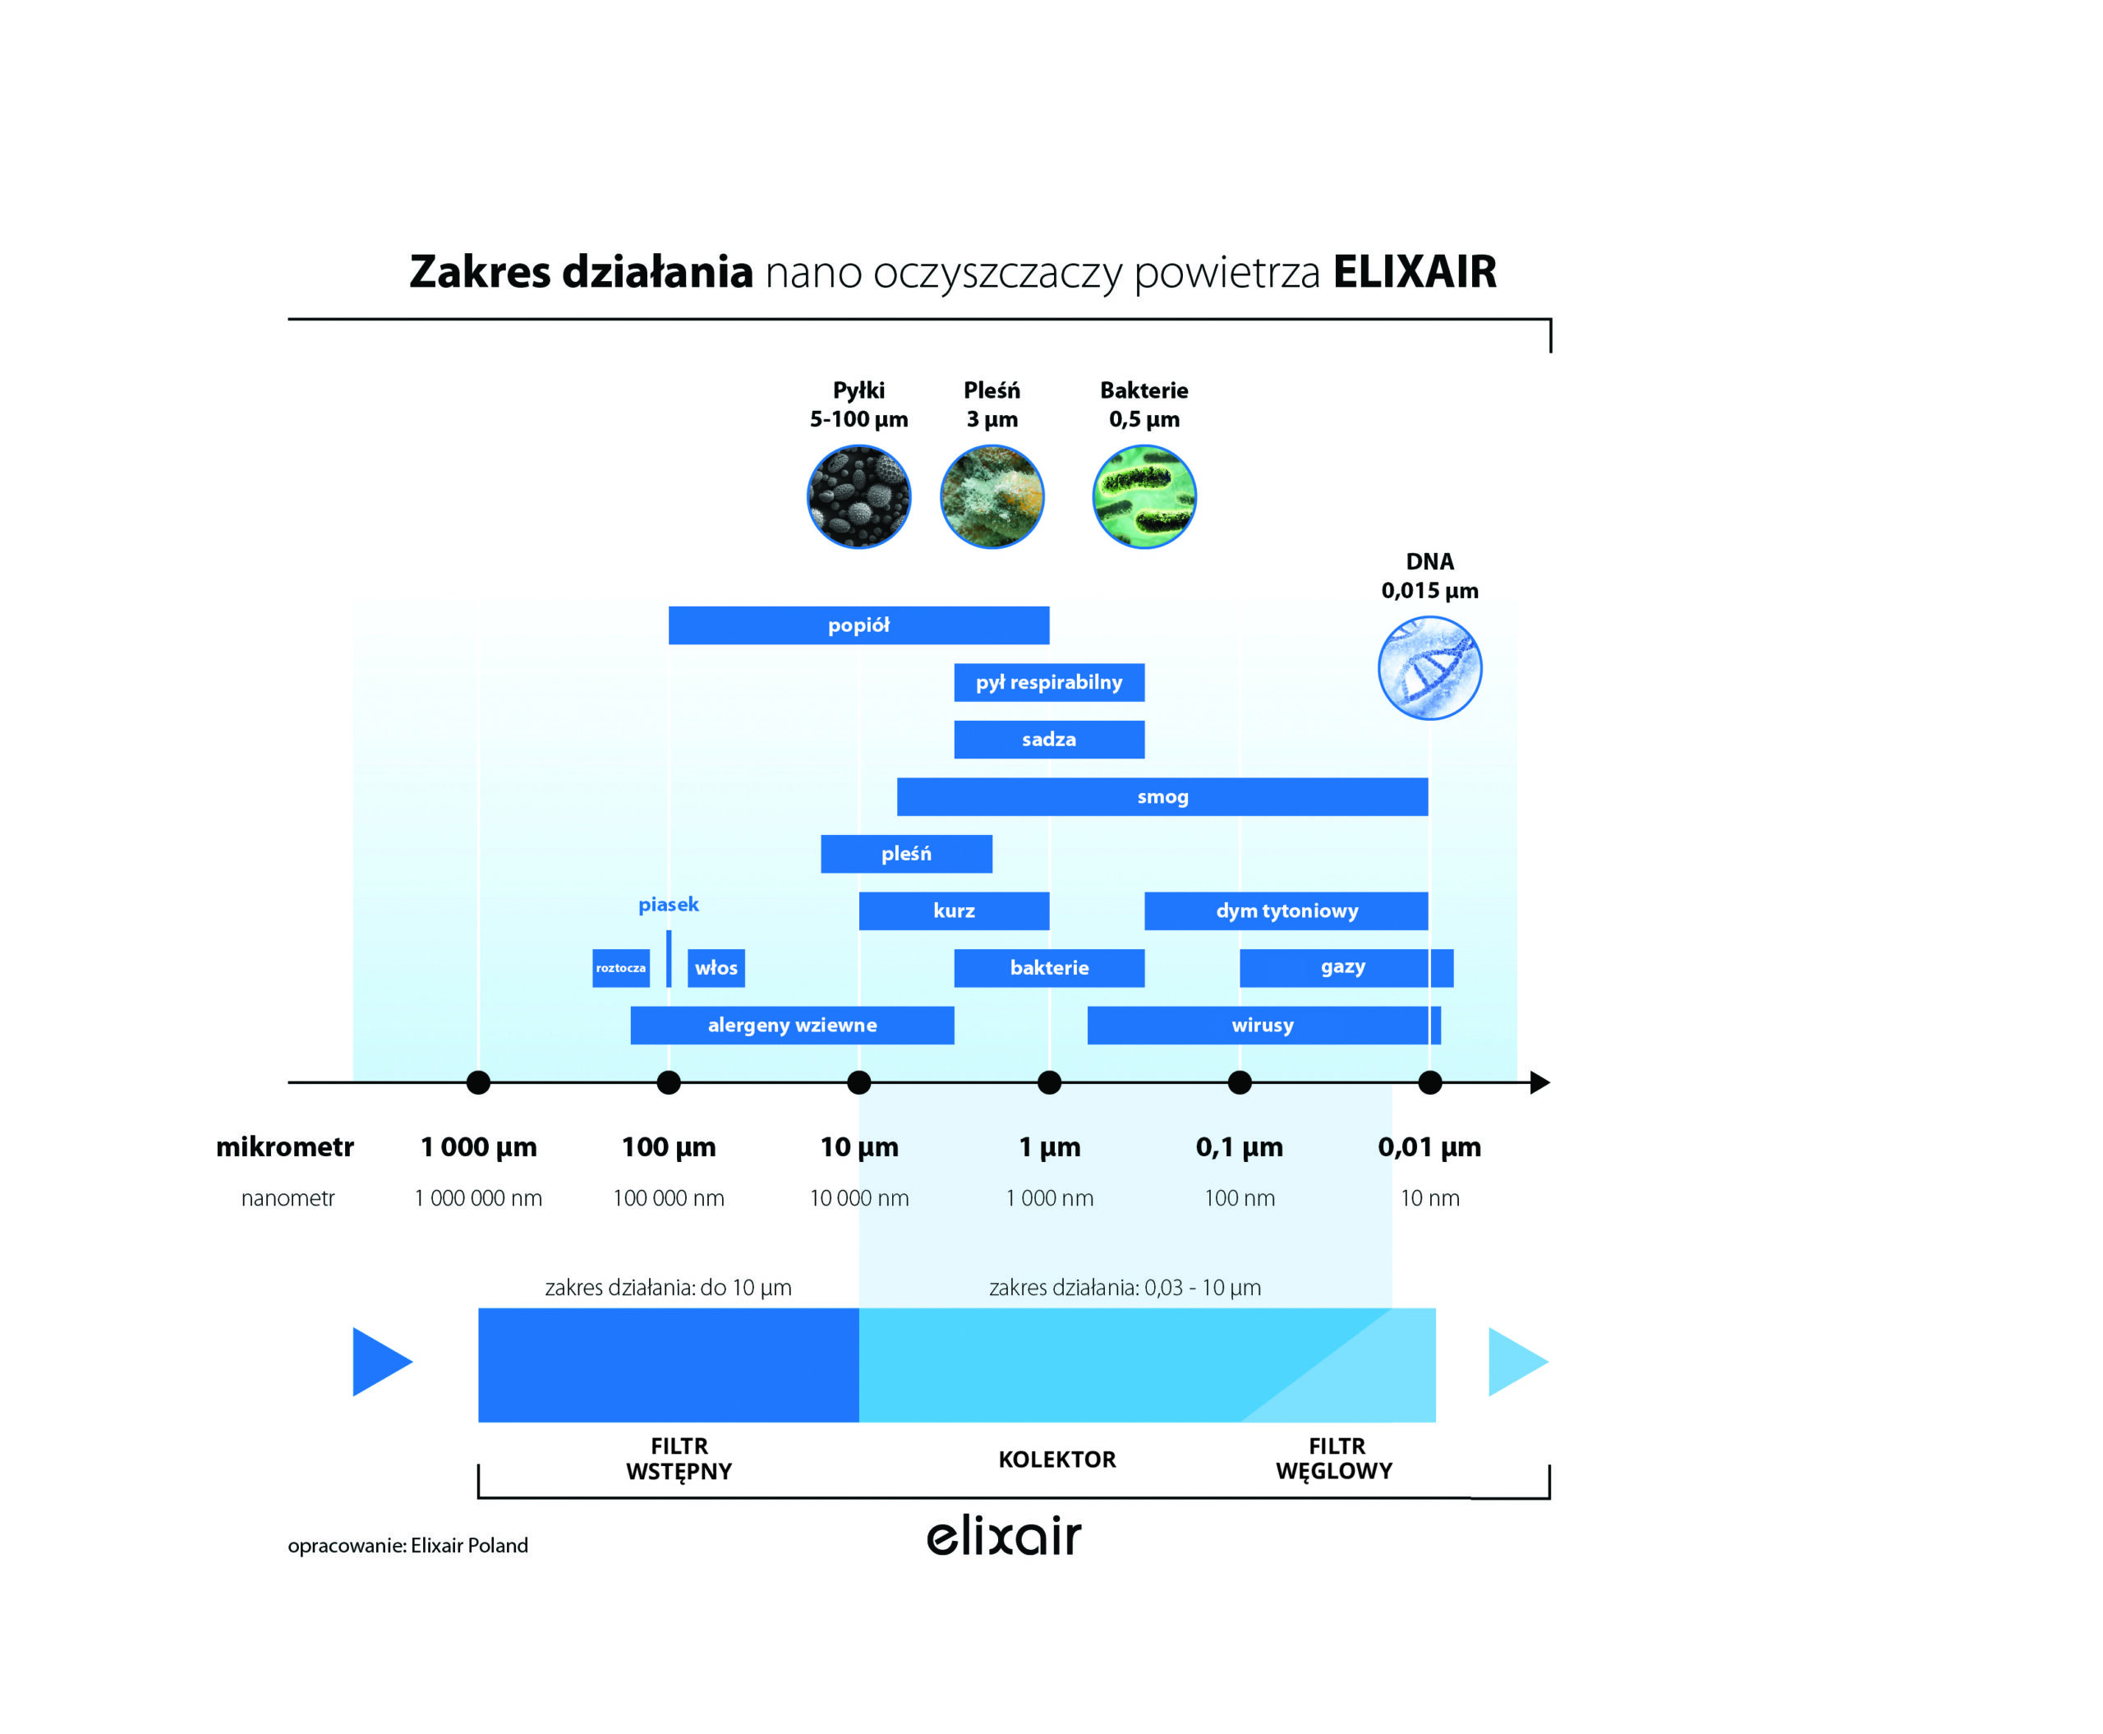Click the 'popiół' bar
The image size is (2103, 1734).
[x=858, y=625]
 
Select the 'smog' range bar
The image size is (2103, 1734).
[x=1162, y=796]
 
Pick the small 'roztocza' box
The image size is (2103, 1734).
[x=620, y=967]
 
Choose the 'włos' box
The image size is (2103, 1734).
[x=716, y=967]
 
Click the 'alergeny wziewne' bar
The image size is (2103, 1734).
[x=792, y=1025]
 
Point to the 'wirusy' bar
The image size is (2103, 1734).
[x=1262, y=1025]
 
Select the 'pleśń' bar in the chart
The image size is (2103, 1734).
[x=906, y=853]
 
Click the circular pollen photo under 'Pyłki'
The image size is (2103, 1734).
[x=858, y=496]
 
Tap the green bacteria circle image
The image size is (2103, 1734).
[x=1144, y=496]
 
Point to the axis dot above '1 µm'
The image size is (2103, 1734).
[x=1048, y=1081]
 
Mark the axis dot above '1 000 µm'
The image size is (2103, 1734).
[x=478, y=1081]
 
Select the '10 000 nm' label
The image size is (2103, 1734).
[x=858, y=1197]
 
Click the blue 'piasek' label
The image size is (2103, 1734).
[x=668, y=904]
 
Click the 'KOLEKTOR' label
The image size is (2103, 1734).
[x=1056, y=1460]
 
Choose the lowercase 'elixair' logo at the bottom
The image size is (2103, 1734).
[x=1004, y=1536]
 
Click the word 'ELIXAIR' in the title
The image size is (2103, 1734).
[x=1414, y=272]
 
